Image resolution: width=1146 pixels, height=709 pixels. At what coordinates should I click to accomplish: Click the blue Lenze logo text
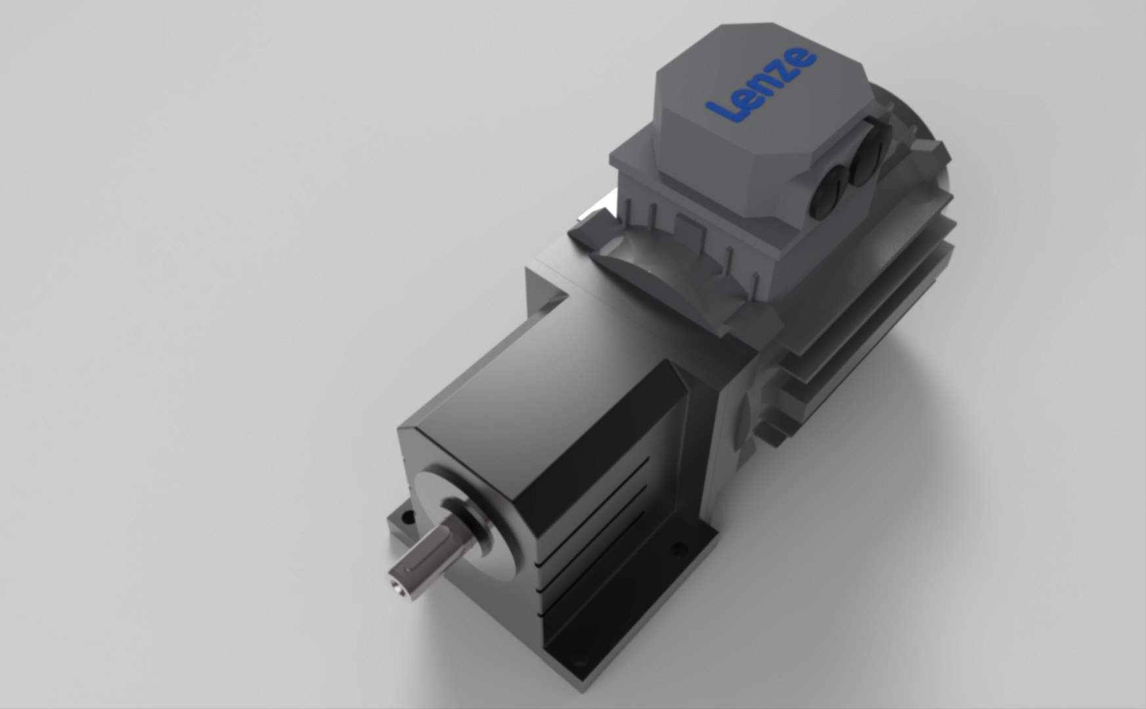[x=762, y=85]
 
